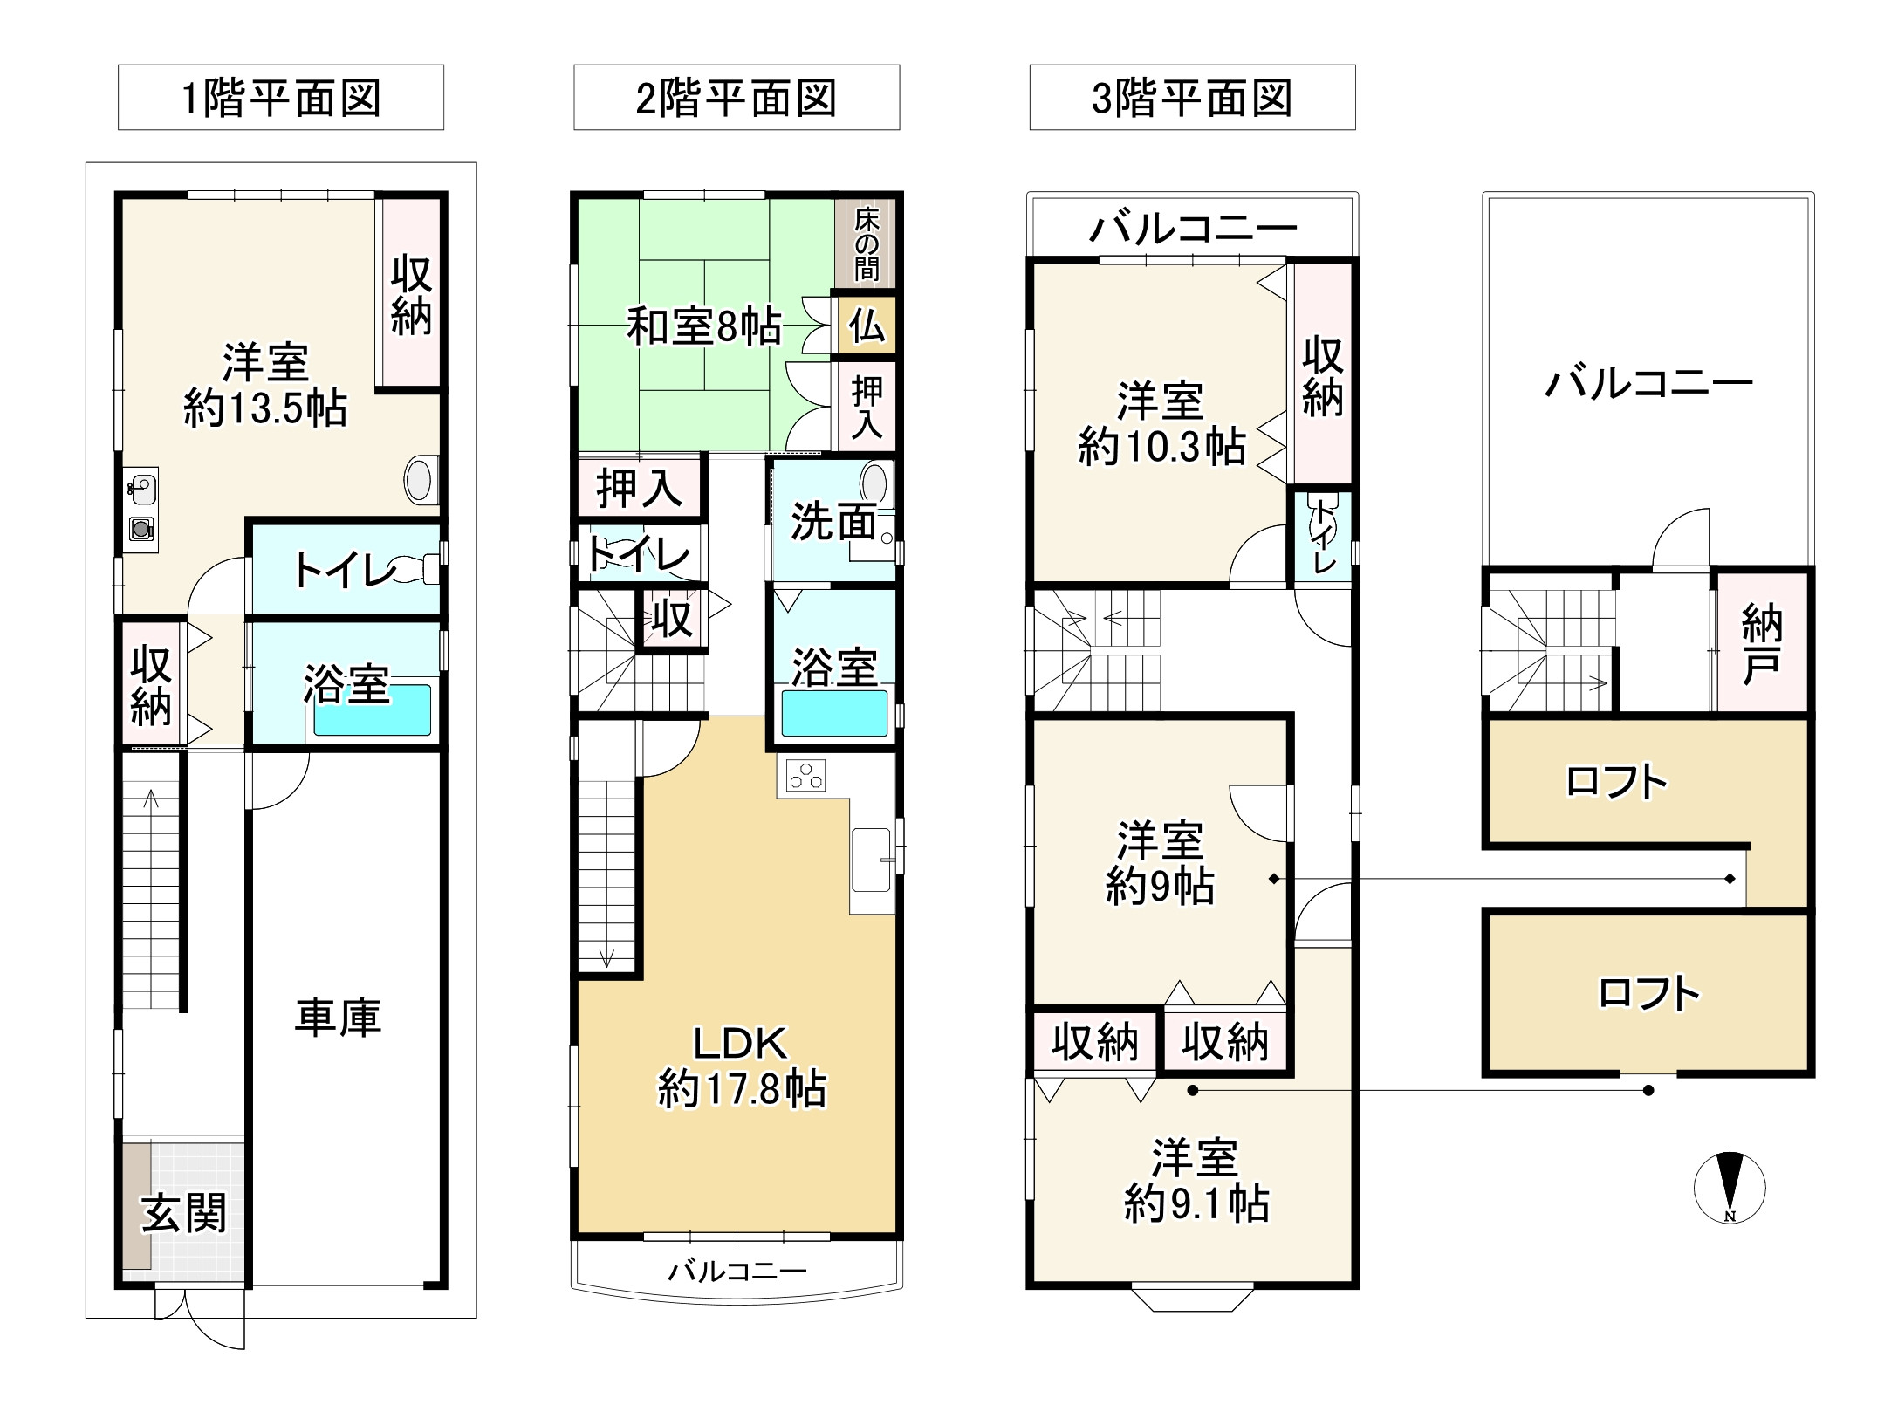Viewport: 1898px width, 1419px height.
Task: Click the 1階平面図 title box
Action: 280,98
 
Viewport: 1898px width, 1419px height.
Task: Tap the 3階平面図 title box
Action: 1192,98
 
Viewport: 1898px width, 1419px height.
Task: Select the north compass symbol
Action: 1729,1188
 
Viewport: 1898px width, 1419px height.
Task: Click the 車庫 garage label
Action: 338,1018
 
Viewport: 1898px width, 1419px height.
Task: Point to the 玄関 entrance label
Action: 184,1214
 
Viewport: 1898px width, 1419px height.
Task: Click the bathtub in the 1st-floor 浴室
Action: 373,710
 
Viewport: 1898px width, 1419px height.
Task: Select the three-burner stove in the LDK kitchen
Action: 805,776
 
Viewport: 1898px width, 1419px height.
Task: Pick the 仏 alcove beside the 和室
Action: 867,326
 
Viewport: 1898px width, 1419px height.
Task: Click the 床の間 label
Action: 866,243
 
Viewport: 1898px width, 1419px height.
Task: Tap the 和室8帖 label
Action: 703,327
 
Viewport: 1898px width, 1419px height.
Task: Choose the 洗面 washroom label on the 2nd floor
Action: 833,522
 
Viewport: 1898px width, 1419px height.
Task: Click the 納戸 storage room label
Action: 1761,645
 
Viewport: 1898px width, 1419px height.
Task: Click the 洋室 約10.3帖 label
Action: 1161,423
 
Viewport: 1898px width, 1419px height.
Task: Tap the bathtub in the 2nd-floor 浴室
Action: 834,714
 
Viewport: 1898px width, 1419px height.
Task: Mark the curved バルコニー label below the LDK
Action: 737,1272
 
